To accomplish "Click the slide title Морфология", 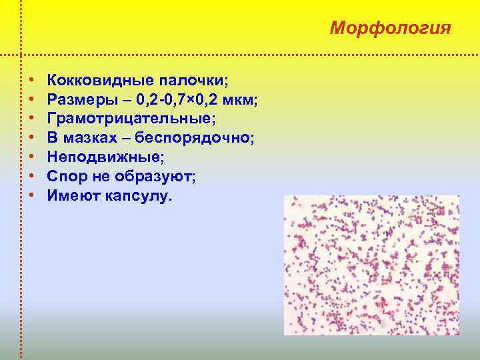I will point(391,29).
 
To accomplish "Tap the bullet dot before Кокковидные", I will point(33,81).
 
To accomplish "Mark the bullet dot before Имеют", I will point(33,197).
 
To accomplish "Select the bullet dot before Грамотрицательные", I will point(33,119).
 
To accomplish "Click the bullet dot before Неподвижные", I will point(33,158).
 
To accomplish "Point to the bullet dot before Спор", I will point(33,177).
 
